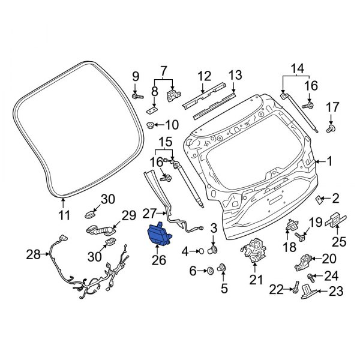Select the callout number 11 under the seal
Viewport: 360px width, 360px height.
click(64, 215)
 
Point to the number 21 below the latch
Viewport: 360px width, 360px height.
click(256, 280)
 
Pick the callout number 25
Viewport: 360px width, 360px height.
click(339, 242)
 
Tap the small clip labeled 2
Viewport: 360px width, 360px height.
click(319, 199)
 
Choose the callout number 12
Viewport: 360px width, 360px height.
click(205, 76)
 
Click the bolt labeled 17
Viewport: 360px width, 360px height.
click(330, 128)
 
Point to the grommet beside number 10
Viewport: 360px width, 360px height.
click(151, 125)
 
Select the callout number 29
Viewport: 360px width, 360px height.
click(130, 215)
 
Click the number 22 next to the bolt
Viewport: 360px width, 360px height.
click(276, 290)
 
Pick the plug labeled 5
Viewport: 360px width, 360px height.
click(223, 268)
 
